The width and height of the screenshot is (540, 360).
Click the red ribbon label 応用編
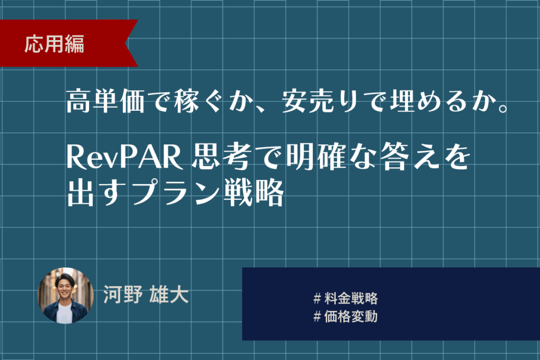[x=54, y=44]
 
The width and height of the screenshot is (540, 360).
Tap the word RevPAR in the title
[x=124, y=157]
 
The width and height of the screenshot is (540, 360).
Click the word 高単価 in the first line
[x=105, y=101]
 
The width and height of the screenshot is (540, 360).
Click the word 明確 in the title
[x=316, y=157]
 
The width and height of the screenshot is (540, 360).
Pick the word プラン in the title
[x=175, y=193]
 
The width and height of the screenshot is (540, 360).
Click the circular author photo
[x=65, y=296]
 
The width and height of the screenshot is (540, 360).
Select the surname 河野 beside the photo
[x=123, y=295]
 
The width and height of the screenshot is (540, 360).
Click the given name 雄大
[x=169, y=295]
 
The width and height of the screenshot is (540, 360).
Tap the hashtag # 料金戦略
[x=345, y=298]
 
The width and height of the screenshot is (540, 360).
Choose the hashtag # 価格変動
[x=345, y=316]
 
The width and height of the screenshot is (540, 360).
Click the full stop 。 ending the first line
[x=503, y=108]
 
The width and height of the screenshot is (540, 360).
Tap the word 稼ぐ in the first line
[x=198, y=101]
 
